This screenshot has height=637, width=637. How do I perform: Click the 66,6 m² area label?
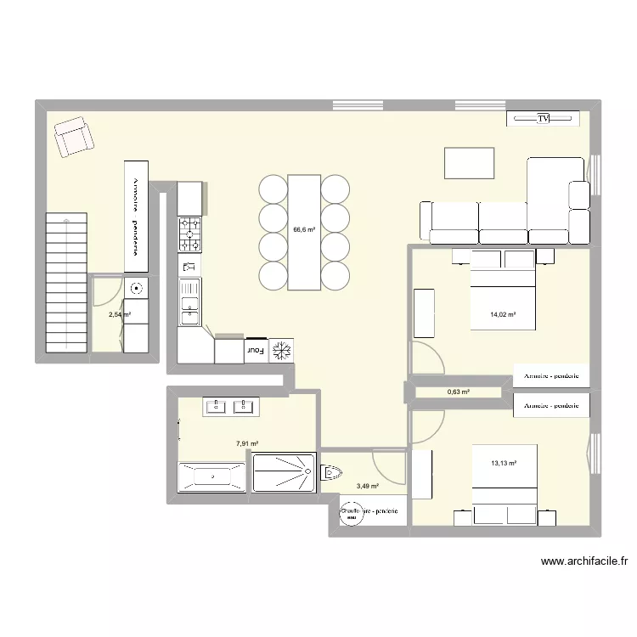(x=304, y=229)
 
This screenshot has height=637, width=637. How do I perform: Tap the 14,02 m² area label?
(x=503, y=315)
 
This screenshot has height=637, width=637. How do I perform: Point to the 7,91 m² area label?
(x=247, y=443)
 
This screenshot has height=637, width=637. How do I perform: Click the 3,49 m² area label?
(x=368, y=487)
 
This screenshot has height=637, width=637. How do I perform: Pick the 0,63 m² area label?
(x=459, y=392)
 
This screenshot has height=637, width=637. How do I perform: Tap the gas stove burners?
(x=189, y=235)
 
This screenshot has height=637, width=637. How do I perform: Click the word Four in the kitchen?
(x=255, y=349)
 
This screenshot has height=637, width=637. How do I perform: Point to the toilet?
(x=331, y=472)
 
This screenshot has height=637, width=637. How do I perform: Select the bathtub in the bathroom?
(x=211, y=477)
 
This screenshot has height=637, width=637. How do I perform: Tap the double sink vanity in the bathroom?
(x=231, y=407)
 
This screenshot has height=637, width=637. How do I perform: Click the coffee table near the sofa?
(x=469, y=163)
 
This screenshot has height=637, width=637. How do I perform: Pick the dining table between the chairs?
(x=304, y=231)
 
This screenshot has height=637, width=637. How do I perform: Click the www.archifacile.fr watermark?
(x=583, y=561)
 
